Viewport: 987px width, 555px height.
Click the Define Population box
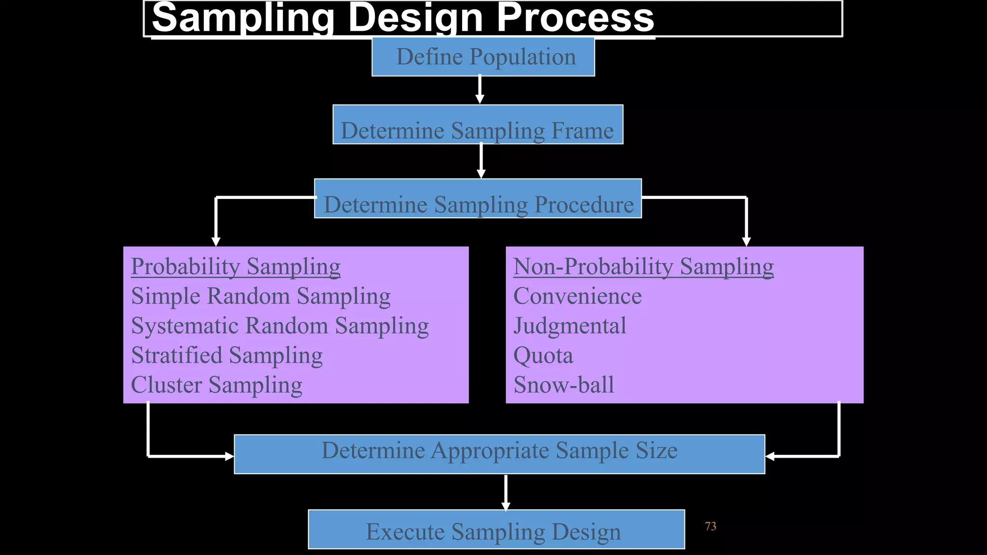(x=483, y=57)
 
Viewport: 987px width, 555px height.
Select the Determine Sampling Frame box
(x=478, y=125)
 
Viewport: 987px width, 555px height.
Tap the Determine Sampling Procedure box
(x=478, y=199)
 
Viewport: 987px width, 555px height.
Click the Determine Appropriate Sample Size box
(x=499, y=454)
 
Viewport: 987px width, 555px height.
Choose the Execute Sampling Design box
(x=496, y=529)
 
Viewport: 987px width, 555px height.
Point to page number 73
(x=710, y=527)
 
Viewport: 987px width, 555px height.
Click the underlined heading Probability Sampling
(x=236, y=266)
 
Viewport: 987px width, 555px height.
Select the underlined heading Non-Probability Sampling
(x=643, y=266)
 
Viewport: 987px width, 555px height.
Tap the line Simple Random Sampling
(x=261, y=296)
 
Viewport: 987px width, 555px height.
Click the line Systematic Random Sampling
(x=280, y=326)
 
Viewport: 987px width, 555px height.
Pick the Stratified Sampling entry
(x=227, y=356)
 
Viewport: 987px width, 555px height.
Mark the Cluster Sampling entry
(x=216, y=385)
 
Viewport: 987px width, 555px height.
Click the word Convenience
(x=577, y=296)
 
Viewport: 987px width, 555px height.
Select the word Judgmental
(x=570, y=326)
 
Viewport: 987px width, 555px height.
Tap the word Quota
(x=543, y=356)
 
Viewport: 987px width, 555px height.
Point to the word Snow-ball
(x=564, y=385)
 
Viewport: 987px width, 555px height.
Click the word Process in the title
(x=575, y=18)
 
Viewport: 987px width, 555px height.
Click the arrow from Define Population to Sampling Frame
(x=480, y=90)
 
